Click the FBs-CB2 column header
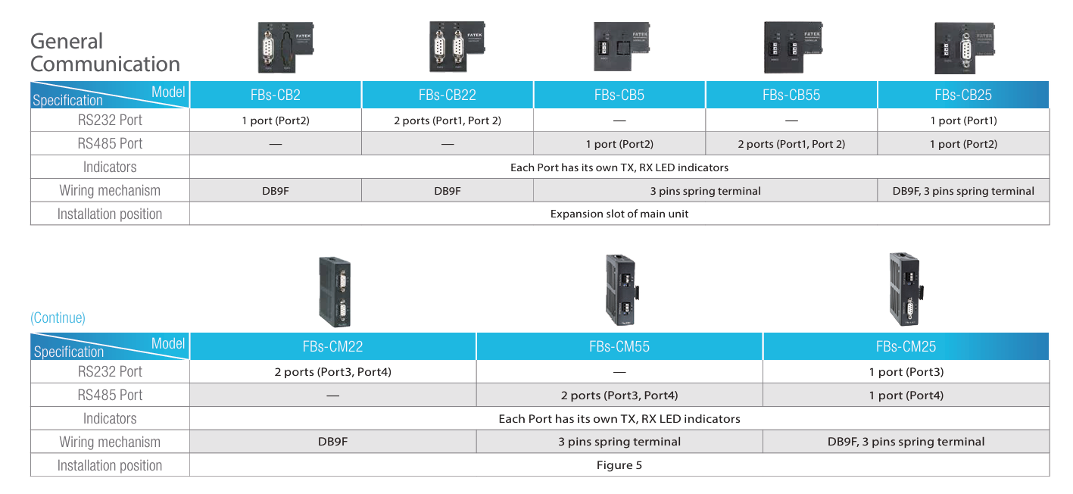[x=276, y=95]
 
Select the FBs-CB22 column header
[x=448, y=95]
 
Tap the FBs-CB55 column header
[x=791, y=95]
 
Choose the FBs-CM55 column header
[x=619, y=347]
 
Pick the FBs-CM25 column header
[x=906, y=347]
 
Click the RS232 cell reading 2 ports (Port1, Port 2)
[x=448, y=120]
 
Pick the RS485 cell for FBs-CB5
[x=619, y=144]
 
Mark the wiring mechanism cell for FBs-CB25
[x=963, y=191]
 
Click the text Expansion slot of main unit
[x=619, y=214]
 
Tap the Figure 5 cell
[x=619, y=465]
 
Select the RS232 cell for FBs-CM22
[x=333, y=372]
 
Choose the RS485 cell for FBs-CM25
[x=906, y=396]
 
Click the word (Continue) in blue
[x=58, y=318]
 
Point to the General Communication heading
[x=105, y=52]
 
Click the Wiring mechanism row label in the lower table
[x=110, y=442]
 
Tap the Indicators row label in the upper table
[x=110, y=167]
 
